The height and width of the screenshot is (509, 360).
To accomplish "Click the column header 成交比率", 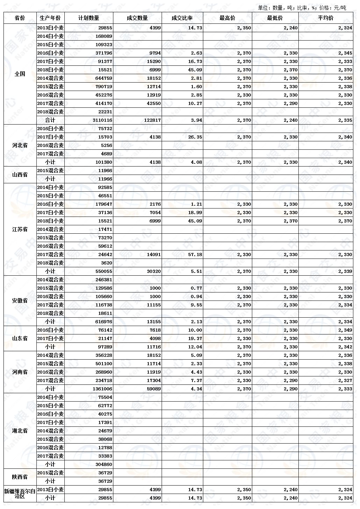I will (182, 18).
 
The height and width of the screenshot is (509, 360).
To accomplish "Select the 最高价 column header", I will (227, 18).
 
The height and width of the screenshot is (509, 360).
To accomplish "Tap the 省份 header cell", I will (20, 18).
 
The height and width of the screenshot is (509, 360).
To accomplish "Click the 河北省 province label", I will (20, 145).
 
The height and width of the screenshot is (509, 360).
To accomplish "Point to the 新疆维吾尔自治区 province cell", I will (20, 494).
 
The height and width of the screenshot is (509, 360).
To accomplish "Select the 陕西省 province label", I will (20, 477).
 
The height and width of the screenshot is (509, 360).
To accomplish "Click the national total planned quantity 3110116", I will (100, 120).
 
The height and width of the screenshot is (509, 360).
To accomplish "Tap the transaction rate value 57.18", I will (195, 254).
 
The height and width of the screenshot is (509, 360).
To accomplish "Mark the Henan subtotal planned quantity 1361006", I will (100, 389).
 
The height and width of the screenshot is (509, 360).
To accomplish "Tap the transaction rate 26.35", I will (195, 137).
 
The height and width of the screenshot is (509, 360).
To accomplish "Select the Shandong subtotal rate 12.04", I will (195, 347).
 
